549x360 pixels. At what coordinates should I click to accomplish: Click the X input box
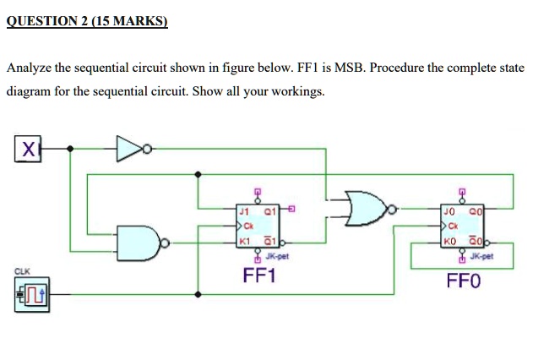(x=28, y=150)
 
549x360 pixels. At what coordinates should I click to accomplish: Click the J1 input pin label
(x=244, y=210)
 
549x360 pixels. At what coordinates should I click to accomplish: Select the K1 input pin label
(x=244, y=242)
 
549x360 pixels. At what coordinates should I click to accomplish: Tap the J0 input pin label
(x=450, y=210)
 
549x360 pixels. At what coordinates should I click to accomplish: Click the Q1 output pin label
(x=269, y=210)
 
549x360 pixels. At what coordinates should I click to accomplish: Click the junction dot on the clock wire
(x=198, y=294)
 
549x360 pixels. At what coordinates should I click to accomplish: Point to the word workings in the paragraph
(x=296, y=90)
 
